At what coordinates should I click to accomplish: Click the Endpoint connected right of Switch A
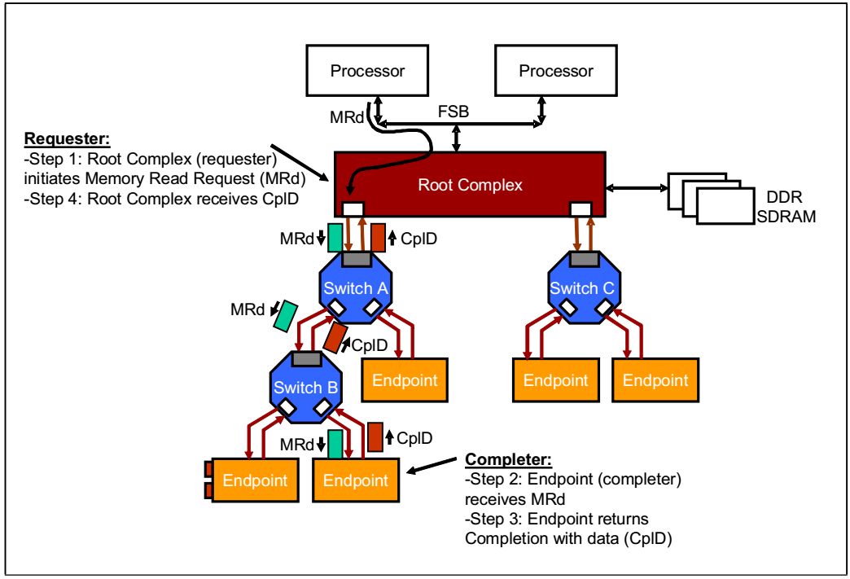(399, 379)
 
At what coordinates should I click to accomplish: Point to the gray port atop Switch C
(580, 258)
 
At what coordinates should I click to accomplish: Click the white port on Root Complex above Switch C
(580, 210)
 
